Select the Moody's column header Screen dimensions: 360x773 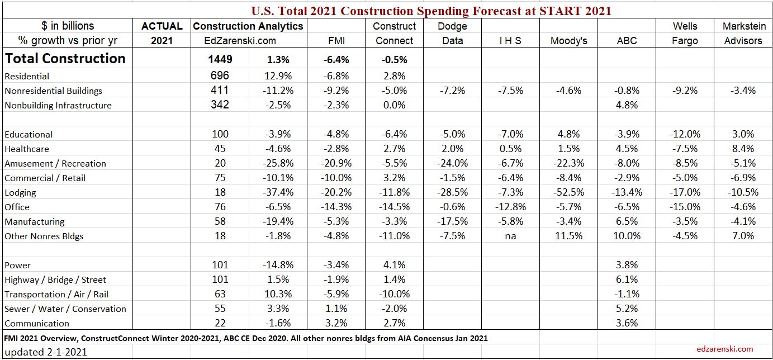568,40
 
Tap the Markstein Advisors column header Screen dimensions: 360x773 743,33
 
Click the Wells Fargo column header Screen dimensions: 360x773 685,33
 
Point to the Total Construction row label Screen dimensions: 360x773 65,59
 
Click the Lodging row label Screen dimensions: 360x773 20,192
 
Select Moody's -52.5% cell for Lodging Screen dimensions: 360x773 568,192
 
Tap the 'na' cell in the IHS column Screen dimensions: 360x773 510,236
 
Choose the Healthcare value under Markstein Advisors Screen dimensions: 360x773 743,149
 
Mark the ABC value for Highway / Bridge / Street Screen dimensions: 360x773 627,280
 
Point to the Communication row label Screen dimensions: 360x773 37,323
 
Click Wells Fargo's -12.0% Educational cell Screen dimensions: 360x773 685,134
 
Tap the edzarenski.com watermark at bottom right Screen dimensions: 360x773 725,349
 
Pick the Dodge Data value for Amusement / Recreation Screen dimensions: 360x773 452,163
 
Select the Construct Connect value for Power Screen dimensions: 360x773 395,265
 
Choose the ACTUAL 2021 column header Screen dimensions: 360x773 162,33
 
